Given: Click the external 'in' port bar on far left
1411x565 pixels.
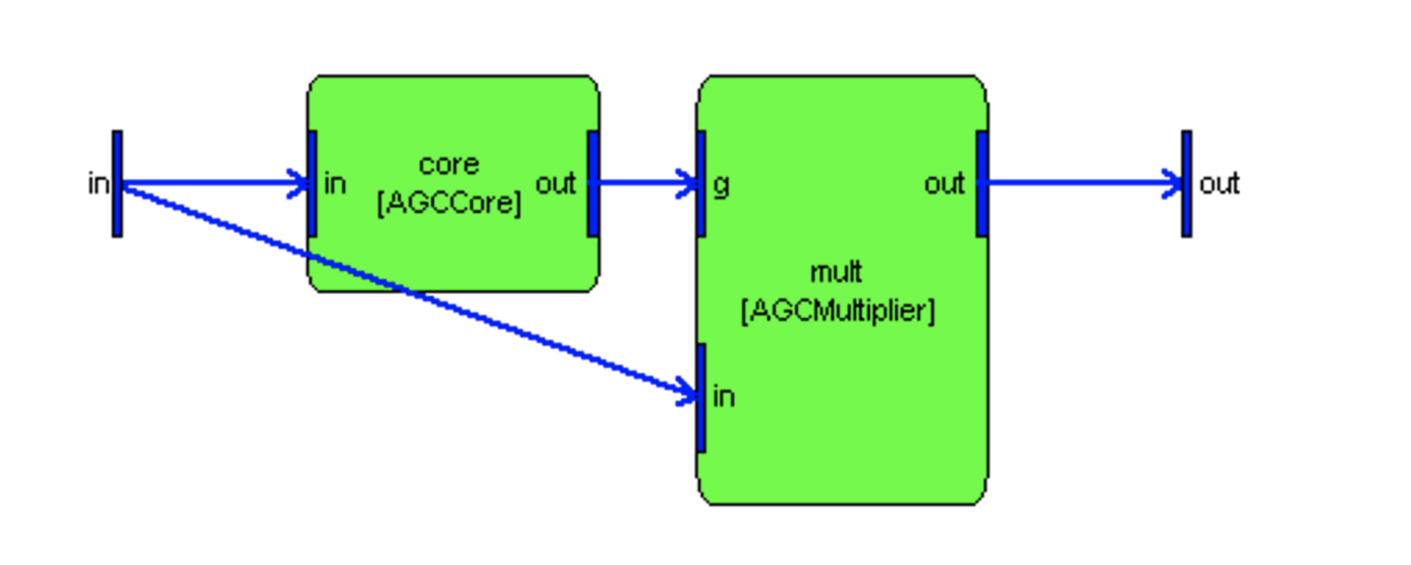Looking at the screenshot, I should click(x=117, y=183).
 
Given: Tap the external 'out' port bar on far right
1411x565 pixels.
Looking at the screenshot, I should click(x=1186, y=183).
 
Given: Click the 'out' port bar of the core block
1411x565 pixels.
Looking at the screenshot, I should click(x=593, y=183).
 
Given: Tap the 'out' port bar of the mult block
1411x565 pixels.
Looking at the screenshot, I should click(x=981, y=183).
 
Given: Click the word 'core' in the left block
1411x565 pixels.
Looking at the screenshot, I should click(x=449, y=164).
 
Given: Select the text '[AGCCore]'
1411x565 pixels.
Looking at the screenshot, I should click(x=449, y=203).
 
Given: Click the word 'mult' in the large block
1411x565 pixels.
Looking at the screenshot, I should click(x=836, y=272).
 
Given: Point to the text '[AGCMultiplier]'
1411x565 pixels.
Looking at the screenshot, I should click(x=838, y=311).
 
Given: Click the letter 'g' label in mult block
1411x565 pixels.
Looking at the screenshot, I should click(x=721, y=185).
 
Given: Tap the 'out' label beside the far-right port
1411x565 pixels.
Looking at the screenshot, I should click(x=1219, y=183).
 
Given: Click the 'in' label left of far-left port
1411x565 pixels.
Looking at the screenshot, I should click(x=98, y=183).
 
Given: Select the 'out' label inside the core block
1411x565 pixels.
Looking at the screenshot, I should click(x=556, y=183).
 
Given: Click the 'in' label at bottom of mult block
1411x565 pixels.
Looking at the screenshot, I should click(x=723, y=397).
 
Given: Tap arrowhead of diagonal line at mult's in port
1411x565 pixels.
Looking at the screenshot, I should click(x=687, y=392).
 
